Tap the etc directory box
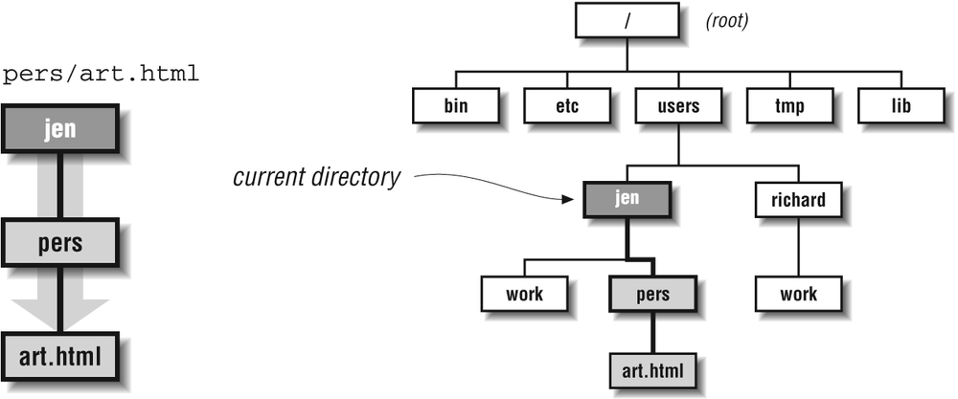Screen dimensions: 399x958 click(x=567, y=105)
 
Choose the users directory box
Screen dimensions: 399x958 click(x=678, y=105)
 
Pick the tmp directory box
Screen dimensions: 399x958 click(x=790, y=105)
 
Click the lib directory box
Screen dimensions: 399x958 click(x=901, y=105)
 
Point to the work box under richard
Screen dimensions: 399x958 click(x=798, y=294)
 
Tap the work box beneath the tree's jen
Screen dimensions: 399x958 click(x=524, y=294)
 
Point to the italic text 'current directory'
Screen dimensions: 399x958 click(x=316, y=178)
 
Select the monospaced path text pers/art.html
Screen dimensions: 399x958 click(x=102, y=75)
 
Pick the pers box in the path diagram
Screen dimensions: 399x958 click(x=59, y=242)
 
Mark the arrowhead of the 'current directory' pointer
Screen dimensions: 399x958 click(x=569, y=199)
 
